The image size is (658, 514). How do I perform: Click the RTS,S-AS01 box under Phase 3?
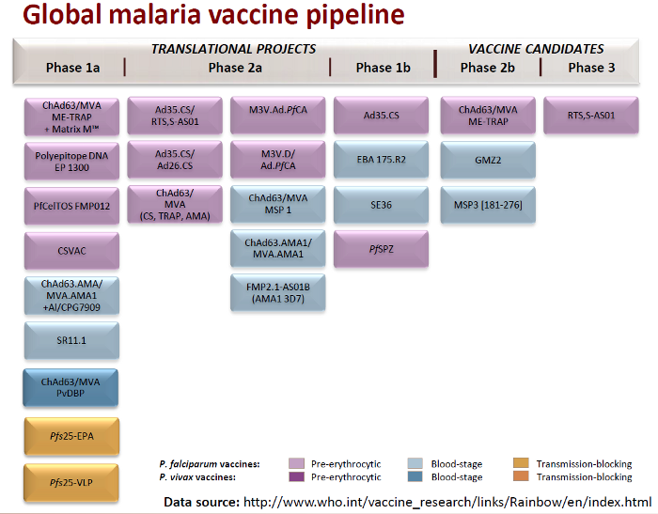pyautogui.click(x=591, y=116)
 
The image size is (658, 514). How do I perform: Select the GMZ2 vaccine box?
pyautogui.click(x=488, y=160)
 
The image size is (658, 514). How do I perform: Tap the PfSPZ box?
pyautogui.click(x=381, y=249)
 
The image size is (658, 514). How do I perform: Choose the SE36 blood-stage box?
pyautogui.click(x=381, y=205)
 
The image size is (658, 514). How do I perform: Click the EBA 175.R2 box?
pyautogui.click(x=381, y=160)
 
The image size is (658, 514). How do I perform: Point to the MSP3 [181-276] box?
pyautogui.click(x=488, y=205)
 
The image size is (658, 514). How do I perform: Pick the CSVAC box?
pyautogui.click(x=71, y=251)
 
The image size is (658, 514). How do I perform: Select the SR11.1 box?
pyautogui.click(x=71, y=340)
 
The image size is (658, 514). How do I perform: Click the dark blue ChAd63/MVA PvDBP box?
pyautogui.click(x=70, y=388)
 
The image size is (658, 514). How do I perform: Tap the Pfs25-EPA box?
pyautogui.click(x=71, y=436)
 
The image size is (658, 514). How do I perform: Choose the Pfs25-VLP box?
pyautogui.click(x=71, y=483)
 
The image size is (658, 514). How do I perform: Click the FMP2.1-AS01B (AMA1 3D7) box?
pyautogui.click(x=278, y=292)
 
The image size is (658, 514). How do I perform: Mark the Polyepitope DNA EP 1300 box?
pyautogui.click(x=71, y=161)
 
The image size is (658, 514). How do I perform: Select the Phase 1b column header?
pyautogui.click(x=384, y=68)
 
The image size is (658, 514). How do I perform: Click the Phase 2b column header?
pyautogui.click(x=488, y=68)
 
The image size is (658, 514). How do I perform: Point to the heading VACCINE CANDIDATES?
pyautogui.click(x=536, y=49)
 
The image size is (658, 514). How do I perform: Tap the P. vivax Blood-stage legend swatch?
pyautogui.click(x=415, y=476)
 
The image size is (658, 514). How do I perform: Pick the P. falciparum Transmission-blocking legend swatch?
pyautogui.click(x=521, y=463)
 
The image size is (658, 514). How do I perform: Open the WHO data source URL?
pyautogui.click(x=447, y=502)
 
